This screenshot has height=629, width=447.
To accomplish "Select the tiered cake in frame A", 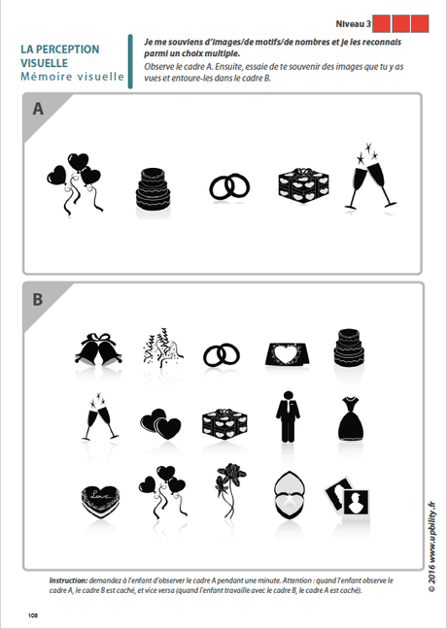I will click(152, 186).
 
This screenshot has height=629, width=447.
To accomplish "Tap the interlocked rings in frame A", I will click(229, 186).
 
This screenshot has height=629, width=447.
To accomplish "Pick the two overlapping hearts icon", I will click(159, 423).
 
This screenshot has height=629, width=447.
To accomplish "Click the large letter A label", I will click(38, 110).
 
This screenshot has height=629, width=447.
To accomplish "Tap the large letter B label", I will click(38, 299).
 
